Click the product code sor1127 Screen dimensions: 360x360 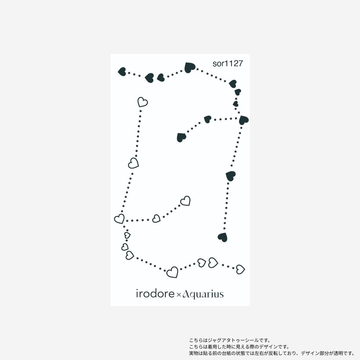point(228,64)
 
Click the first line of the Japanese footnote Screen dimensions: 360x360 point(229,340)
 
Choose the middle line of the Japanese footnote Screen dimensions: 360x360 point(239,347)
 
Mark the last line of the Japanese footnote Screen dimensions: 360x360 point(272,353)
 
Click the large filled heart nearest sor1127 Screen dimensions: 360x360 point(189,67)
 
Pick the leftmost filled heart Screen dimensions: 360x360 point(122,72)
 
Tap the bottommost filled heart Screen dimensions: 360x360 point(222,237)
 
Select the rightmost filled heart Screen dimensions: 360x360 point(244,120)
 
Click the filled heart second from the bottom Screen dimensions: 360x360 point(230,176)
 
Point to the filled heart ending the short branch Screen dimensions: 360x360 point(181,137)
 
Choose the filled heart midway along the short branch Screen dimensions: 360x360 point(207,119)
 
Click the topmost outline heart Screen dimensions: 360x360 point(143,102)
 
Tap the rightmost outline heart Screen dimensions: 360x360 point(240,269)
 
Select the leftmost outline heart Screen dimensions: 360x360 point(119,219)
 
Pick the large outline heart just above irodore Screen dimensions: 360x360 point(172,272)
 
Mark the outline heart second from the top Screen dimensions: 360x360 point(134,163)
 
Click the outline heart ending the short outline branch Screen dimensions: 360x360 point(185,201)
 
